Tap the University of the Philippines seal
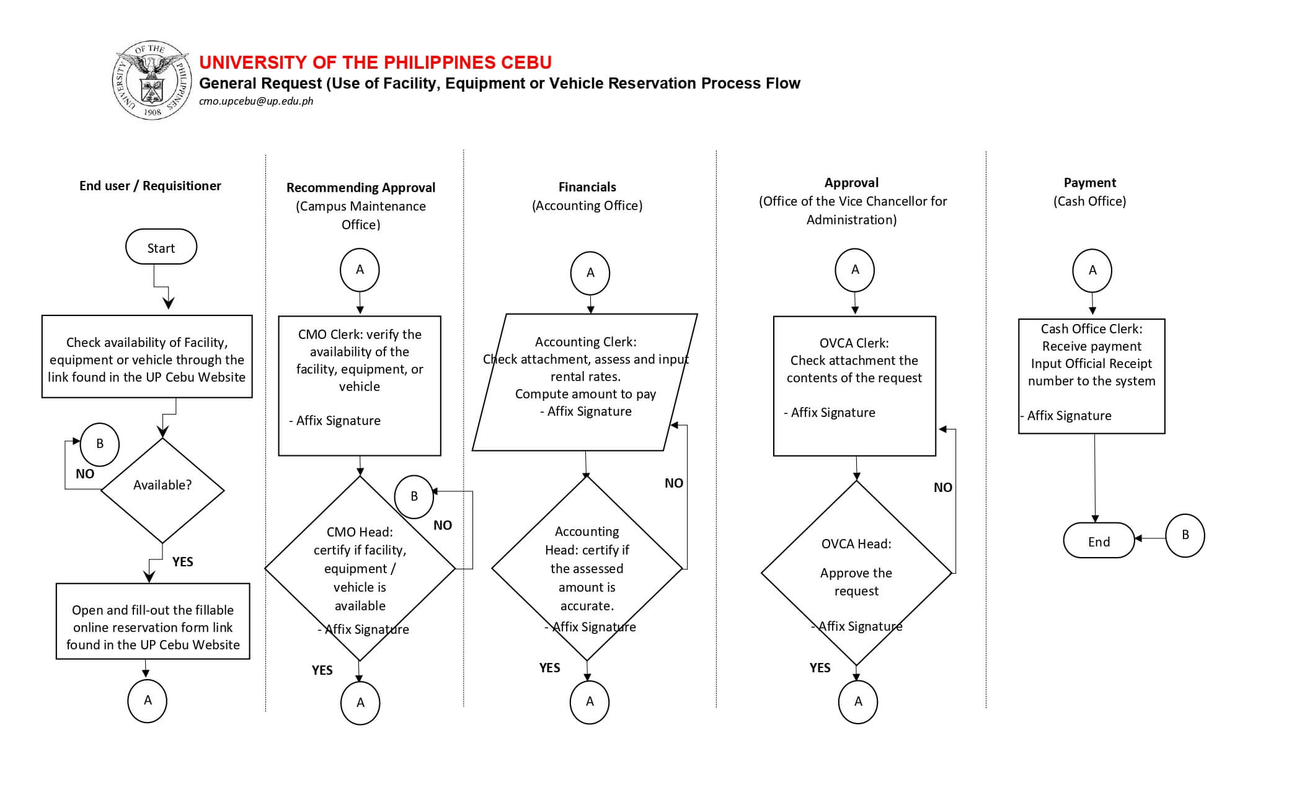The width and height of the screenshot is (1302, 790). [x=152, y=80]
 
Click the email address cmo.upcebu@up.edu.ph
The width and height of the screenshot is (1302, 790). [x=256, y=102]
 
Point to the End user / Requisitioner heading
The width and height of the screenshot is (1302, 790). [x=150, y=186]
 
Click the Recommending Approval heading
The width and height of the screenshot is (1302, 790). [x=361, y=187]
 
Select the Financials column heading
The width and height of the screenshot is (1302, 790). [x=587, y=187]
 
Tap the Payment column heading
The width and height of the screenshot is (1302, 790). [x=1090, y=182]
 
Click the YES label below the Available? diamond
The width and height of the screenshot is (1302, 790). [x=182, y=562]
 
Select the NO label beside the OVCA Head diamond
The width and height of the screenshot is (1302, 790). [x=943, y=488]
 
